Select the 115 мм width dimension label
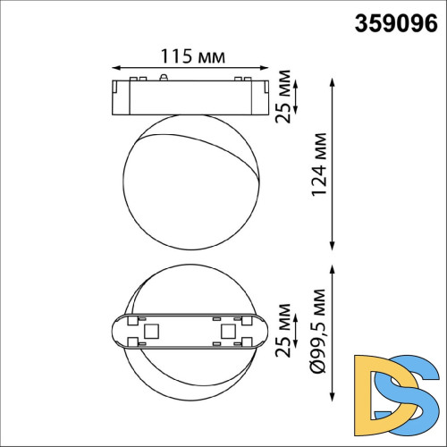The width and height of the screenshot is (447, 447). [x=192, y=56]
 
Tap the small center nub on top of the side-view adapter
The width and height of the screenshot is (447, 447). [x=164, y=80]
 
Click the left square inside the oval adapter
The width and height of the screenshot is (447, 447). [x=151, y=333]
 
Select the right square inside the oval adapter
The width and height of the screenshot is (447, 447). [x=226, y=333]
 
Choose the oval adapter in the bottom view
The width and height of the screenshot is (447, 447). [x=189, y=333]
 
